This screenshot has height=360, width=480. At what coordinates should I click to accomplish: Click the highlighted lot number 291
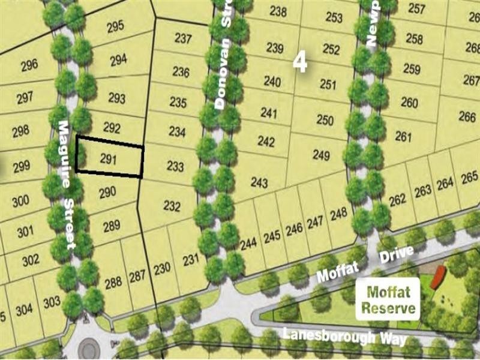click(107, 159)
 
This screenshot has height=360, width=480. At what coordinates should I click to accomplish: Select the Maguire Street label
click(67, 184)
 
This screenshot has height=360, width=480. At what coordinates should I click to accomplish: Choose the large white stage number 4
click(300, 62)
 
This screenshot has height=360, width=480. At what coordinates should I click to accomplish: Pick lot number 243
click(259, 182)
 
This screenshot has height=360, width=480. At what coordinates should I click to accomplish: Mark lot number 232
click(172, 206)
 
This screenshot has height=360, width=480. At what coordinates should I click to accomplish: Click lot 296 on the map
click(29, 65)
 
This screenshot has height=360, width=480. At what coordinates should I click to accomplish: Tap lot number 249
click(321, 156)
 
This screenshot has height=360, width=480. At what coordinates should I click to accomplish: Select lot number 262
click(397, 200)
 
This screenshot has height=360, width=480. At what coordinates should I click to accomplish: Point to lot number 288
click(113, 283)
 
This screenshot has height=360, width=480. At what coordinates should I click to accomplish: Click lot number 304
click(25, 310)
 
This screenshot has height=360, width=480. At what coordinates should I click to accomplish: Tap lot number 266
click(467, 116)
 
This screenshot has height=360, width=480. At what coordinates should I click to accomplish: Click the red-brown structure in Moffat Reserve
click(438, 277)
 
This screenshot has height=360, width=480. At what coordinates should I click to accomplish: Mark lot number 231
click(190, 260)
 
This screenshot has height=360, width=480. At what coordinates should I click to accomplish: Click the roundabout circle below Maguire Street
click(89, 347)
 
